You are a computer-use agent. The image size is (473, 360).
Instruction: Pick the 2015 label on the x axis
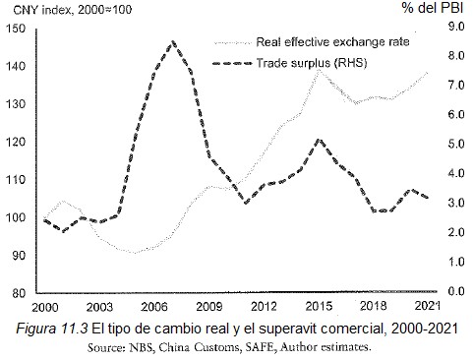tap(317, 306)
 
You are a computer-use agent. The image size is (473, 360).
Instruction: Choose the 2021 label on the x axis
tap(427, 306)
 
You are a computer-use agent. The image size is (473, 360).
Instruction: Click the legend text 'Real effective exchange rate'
tap(332, 42)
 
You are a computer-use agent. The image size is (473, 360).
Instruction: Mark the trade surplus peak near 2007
tap(172, 42)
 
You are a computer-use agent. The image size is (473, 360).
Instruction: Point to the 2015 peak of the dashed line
tap(318, 140)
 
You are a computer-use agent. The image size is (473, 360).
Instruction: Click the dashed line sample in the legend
tap(233, 64)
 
